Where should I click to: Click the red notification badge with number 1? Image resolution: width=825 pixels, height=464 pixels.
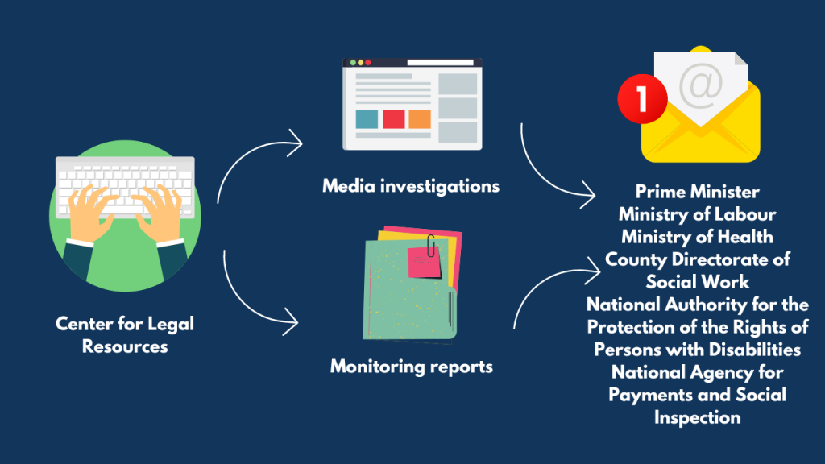pyautogui.click(x=642, y=98)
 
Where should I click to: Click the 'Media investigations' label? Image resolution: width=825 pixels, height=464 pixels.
pyautogui.click(x=411, y=186)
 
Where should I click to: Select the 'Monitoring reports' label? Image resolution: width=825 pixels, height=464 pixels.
pyautogui.click(x=412, y=367)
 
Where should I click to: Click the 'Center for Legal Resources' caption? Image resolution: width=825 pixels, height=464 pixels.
pyautogui.click(x=125, y=335)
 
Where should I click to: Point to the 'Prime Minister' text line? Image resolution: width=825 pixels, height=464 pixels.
pyautogui.click(x=697, y=192)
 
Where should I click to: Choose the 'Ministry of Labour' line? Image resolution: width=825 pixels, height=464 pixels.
pyautogui.click(x=697, y=214)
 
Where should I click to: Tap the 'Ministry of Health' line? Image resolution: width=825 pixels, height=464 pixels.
pyautogui.click(x=697, y=237)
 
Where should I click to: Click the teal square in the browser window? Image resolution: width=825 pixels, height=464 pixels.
pyautogui.click(x=367, y=119)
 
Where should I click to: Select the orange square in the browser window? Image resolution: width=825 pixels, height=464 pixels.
pyautogui.click(x=420, y=119)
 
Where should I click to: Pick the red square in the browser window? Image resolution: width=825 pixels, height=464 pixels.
pyautogui.click(x=393, y=119)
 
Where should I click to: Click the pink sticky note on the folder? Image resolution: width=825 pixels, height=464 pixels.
pyautogui.click(x=424, y=262)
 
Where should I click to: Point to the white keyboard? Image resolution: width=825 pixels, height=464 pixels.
pyautogui.click(x=125, y=187)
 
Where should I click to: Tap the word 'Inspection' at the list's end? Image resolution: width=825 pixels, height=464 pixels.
pyautogui.click(x=697, y=418)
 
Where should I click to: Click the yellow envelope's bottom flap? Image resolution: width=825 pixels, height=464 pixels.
pyautogui.click(x=700, y=147)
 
